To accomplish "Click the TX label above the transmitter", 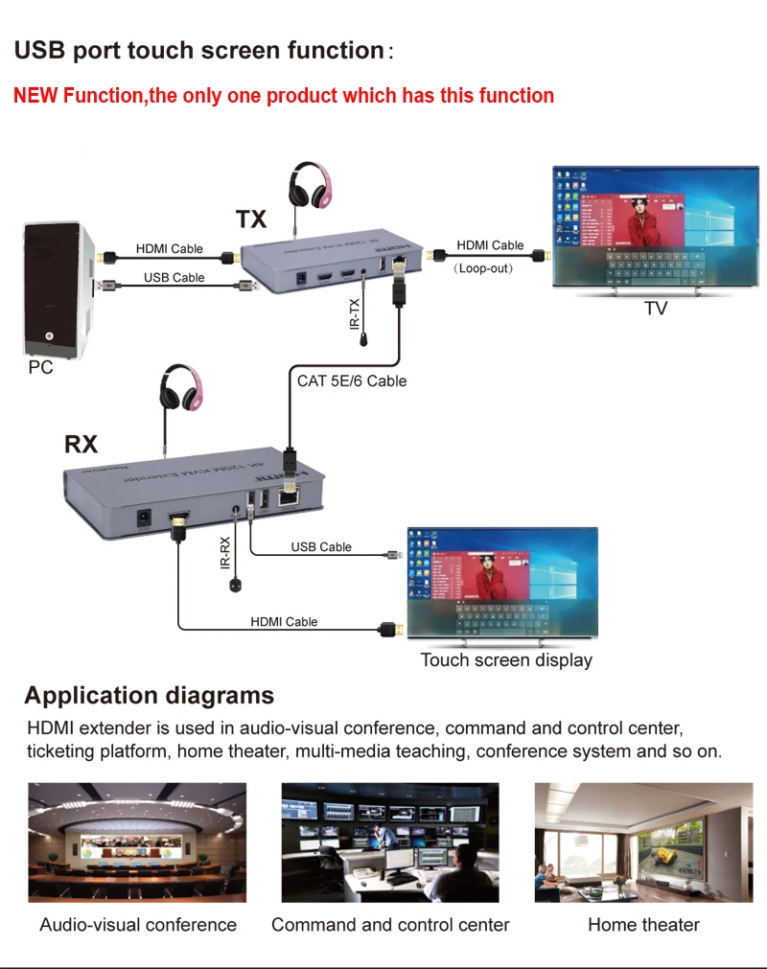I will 251,219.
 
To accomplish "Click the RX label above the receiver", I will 81,444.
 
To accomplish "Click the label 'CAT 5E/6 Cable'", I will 351,381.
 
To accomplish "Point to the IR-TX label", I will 355,316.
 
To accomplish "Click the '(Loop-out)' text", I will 484,269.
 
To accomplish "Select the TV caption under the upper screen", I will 656,309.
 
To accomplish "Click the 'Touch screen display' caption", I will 506,659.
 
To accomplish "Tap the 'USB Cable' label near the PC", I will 174,278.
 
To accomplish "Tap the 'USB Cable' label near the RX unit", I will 321,546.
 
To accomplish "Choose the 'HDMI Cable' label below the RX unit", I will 284,621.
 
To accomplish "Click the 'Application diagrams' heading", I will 150,696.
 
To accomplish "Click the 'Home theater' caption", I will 643,925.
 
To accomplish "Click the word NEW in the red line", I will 36,96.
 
